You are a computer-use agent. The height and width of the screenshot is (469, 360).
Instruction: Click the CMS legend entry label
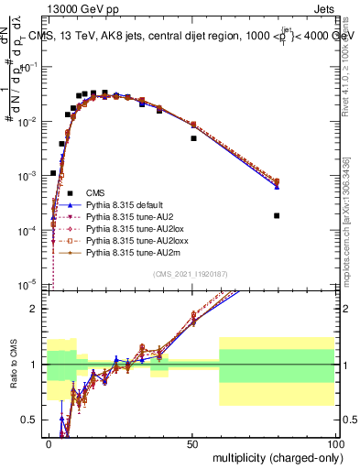tap(95, 192)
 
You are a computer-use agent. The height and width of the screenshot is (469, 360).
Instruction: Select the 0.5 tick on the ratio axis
tap(35, 420)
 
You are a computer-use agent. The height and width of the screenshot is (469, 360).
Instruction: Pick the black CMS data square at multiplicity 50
tap(193, 138)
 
